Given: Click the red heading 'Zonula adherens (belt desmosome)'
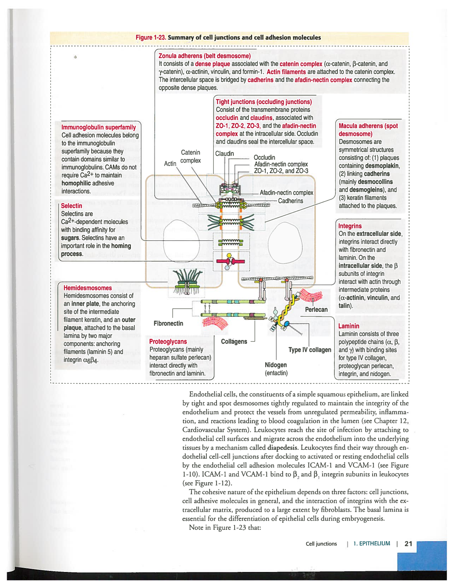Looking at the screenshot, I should [x=205, y=56].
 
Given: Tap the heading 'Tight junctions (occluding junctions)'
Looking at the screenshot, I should [x=264, y=102].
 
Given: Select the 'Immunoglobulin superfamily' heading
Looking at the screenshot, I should [x=99, y=127].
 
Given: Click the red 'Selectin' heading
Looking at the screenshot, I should [x=71, y=206].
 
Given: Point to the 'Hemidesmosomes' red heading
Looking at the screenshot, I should [x=88, y=288].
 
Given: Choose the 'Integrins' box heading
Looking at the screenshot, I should [x=350, y=226].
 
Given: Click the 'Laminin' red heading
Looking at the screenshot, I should [x=348, y=326].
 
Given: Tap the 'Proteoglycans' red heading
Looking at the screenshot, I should [x=168, y=342].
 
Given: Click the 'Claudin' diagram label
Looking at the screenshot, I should [x=224, y=154].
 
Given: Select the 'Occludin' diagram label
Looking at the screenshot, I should [x=264, y=158].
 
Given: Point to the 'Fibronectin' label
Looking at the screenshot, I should [x=168, y=324].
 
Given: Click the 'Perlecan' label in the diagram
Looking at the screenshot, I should [x=316, y=310].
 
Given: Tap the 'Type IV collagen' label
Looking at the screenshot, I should [x=309, y=350].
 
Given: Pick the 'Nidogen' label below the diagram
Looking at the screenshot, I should [x=275, y=365].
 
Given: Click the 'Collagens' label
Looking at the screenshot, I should [x=234, y=342].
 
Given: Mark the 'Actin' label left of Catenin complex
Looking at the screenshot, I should [x=170, y=164].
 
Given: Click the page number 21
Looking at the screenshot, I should [x=408, y=544].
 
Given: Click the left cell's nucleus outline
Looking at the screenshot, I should [x=181, y=241].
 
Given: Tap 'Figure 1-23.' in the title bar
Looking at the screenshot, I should [x=151, y=38].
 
